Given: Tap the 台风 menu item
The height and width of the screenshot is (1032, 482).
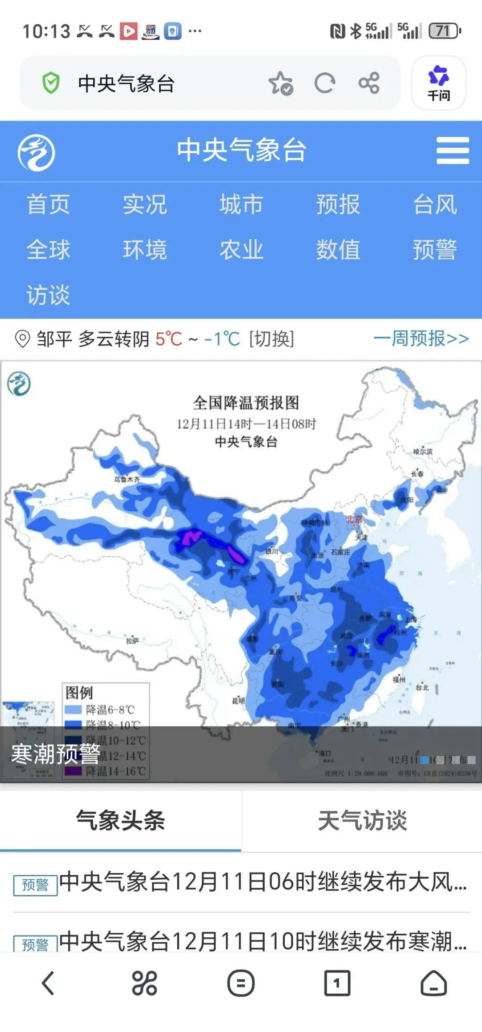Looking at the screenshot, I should pos(435,205).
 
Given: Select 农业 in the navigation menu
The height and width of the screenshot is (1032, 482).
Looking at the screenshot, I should pos(241,249).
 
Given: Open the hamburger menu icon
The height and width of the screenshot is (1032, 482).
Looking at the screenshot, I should pos(453,151).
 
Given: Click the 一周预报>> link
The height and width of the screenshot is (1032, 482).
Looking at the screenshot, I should pos(421,338).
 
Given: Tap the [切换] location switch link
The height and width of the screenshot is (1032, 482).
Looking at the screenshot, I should pos(272,339).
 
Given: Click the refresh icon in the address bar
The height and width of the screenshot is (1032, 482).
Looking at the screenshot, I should pos(324,83).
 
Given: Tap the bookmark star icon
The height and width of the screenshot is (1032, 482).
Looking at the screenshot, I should pos(280,83).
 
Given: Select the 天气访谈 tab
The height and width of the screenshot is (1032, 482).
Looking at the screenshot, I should pos(362,820).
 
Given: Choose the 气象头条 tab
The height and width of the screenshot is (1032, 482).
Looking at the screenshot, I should pos(120,820).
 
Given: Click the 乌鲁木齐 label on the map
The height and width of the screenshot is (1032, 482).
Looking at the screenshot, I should pos(127,479).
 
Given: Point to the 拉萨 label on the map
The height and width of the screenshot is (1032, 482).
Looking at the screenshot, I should pos(132,640).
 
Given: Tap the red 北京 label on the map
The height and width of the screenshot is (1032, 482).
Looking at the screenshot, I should pos(355,519).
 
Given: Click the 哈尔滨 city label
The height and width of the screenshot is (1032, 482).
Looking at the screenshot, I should pos(423,451).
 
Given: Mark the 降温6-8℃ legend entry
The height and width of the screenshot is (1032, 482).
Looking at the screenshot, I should pos(109,709).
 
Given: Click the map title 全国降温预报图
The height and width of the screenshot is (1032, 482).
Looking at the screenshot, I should pos(246,403).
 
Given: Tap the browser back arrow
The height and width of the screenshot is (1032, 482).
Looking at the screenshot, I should pos(48,983).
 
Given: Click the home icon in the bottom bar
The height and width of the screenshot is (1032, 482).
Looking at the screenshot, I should pos(433,983).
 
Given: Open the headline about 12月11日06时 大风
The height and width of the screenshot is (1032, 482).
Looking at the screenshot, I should pos(262,882).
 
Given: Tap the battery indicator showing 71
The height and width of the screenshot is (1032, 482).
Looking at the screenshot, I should pos(444,31).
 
